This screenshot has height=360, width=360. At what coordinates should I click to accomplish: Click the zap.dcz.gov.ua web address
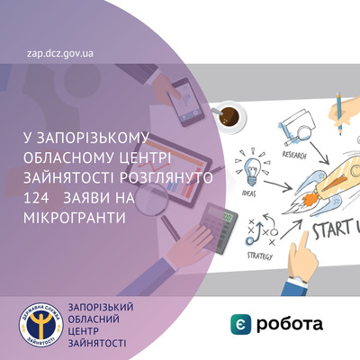[60, 54]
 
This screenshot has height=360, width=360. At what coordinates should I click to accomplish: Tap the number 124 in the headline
[36, 199]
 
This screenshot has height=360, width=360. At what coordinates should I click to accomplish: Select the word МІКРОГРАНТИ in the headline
[75, 218]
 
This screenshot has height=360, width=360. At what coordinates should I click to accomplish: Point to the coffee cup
[229, 116]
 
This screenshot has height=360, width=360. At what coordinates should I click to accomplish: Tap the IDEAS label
[248, 193]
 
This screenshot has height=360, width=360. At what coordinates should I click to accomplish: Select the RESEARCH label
[294, 155]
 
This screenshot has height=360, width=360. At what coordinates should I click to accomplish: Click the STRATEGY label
[260, 256]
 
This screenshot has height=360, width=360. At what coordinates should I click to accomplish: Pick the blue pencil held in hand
[339, 113]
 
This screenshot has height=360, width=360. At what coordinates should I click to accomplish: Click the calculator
[219, 228]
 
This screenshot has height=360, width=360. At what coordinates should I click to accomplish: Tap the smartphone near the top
[186, 102]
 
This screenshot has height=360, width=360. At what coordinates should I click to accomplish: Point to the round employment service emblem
[41, 324]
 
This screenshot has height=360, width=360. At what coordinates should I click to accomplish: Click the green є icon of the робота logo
[240, 324]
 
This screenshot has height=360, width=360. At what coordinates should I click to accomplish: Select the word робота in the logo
[290, 325]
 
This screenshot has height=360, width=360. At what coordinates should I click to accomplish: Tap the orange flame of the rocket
[310, 198]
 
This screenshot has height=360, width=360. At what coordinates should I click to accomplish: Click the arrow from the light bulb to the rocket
[278, 185]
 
